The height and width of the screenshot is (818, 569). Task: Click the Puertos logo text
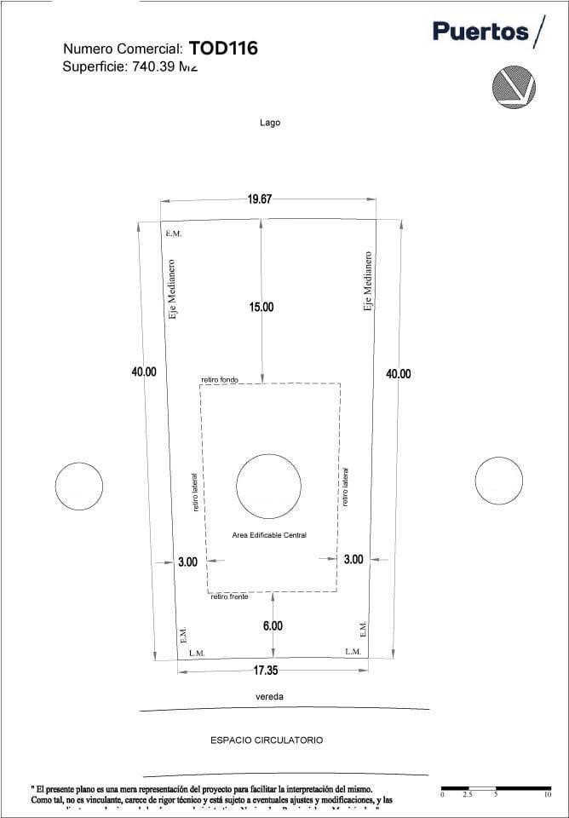pyautogui.click(x=481, y=32)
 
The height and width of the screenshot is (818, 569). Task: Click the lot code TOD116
pyautogui.click(x=223, y=49)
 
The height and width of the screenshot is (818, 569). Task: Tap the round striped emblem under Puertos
pyautogui.click(x=514, y=86)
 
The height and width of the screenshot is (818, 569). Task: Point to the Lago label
pyautogui.click(x=270, y=123)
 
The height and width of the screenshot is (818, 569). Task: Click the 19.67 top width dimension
pyautogui.click(x=260, y=199)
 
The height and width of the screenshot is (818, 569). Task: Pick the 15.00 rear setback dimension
pyautogui.click(x=262, y=307)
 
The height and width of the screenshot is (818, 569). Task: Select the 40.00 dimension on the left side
pyautogui.click(x=144, y=372)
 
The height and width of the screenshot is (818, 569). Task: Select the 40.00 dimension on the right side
pyautogui.click(x=399, y=374)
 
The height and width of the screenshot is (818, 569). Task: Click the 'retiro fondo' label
pyautogui.click(x=220, y=379)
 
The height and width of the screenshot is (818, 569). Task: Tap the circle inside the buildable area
pyautogui.click(x=268, y=486)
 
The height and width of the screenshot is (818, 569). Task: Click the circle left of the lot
pyautogui.click(x=79, y=487)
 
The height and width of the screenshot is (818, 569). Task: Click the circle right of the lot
pyautogui.click(x=499, y=481)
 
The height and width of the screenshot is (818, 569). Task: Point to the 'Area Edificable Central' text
pyautogui.click(x=269, y=535)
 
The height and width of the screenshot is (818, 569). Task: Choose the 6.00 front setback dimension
pyautogui.click(x=273, y=626)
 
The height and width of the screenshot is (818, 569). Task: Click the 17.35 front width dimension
pyautogui.click(x=266, y=671)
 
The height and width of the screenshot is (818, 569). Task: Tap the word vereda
pyautogui.click(x=270, y=697)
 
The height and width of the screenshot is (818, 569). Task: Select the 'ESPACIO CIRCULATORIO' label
pyautogui.click(x=267, y=740)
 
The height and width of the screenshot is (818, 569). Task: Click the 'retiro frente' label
pyautogui.click(x=230, y=597)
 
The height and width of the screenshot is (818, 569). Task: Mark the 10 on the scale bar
pyautogui.click(x=547, y=794)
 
